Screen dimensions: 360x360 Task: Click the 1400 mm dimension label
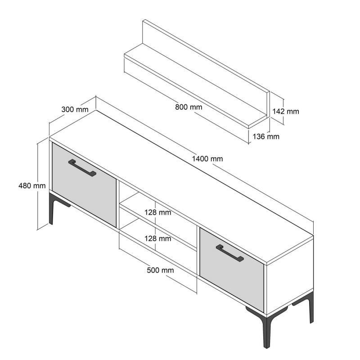pyautogui.click(x=207, y=158)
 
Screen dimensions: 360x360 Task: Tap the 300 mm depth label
pyautogui.click(x=74, y=109)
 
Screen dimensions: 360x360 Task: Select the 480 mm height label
pyautogui.click(x=32, y=185)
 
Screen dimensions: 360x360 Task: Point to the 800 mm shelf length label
pyautogui.click(x=189, y=107)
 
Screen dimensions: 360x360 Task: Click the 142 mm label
pyautogui.click(x=286, y=111)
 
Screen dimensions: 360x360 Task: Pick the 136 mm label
pyautogui.click(x=266, y=136)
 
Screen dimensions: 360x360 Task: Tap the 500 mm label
pyautogui.click(x=160, y=270)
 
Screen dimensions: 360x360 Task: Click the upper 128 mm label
pyautogui.click(x=157, y=212)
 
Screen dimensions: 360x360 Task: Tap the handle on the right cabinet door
pyautogui.click(x=229, y=253)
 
